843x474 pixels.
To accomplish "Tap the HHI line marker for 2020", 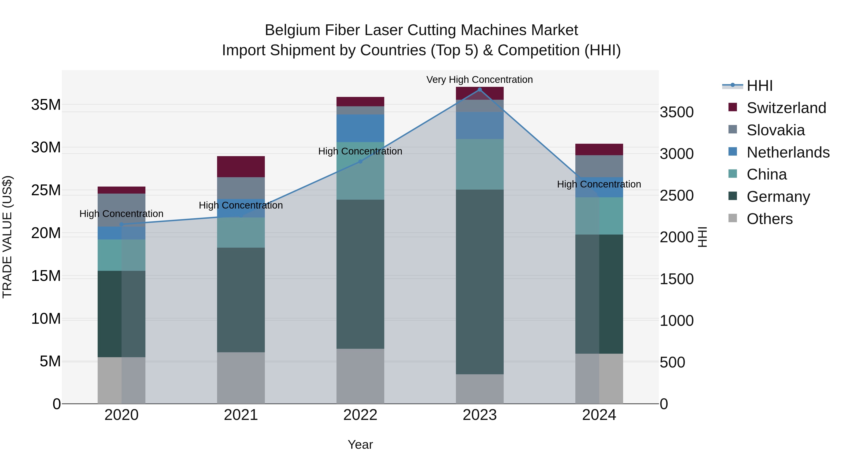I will pyautogui.click(x=121, y=224).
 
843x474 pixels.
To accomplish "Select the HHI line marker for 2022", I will pyautogui.click(x=360, y=162).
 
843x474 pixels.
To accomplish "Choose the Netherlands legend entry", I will pyautogui.click(x=788, y=152).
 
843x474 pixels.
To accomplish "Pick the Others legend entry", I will pyautogui.click(x=769, y=219).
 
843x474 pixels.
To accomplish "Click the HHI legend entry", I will pyautogui.click(x=759, y=86).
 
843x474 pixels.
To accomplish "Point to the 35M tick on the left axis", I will pyautogui.click(x=46, y=105).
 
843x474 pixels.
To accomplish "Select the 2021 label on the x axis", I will pyautogui.click(x=241, y=415).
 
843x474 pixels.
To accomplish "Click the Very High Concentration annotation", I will pyautogui.click(x=479, y=80).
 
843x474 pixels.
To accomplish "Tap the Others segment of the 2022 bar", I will pyautogui.click(x=360, y=376).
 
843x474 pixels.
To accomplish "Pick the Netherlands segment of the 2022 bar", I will pyautogui.click(x=360, y=128).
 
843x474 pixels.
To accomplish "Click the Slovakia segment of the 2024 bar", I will pyautogui.click(x=599, y=166).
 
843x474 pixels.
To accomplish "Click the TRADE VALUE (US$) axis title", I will pyautogui.click(x=7, y=237).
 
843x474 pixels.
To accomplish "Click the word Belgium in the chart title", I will pyautogui.click(x=292, y=30).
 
